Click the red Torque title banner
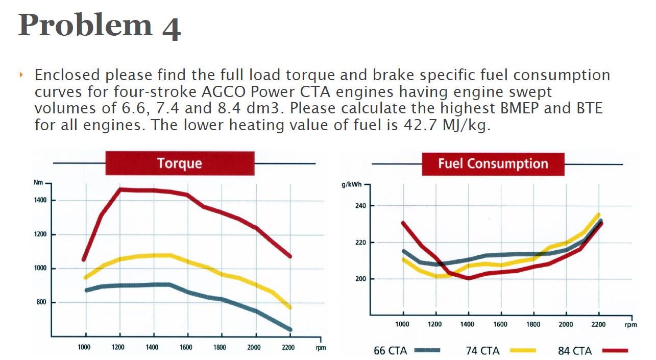tap(180, 163)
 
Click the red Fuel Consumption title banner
tap(493, 164)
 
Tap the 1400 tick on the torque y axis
tap(40, 200)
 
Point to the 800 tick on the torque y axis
tap(41, 302)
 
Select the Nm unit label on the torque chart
tap(38, 182)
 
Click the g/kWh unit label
tap(351, 184)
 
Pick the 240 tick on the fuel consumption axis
tap(361, 206)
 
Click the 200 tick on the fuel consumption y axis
tap(361, 279)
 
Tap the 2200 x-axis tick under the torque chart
tap(288, 348)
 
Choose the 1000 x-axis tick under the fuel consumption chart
tap(403, 324)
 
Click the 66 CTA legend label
tap(391, 351)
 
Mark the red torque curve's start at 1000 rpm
tap(84, 259)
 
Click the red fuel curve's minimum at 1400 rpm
tap(468, 278)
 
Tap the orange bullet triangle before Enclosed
tap(21, 76)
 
